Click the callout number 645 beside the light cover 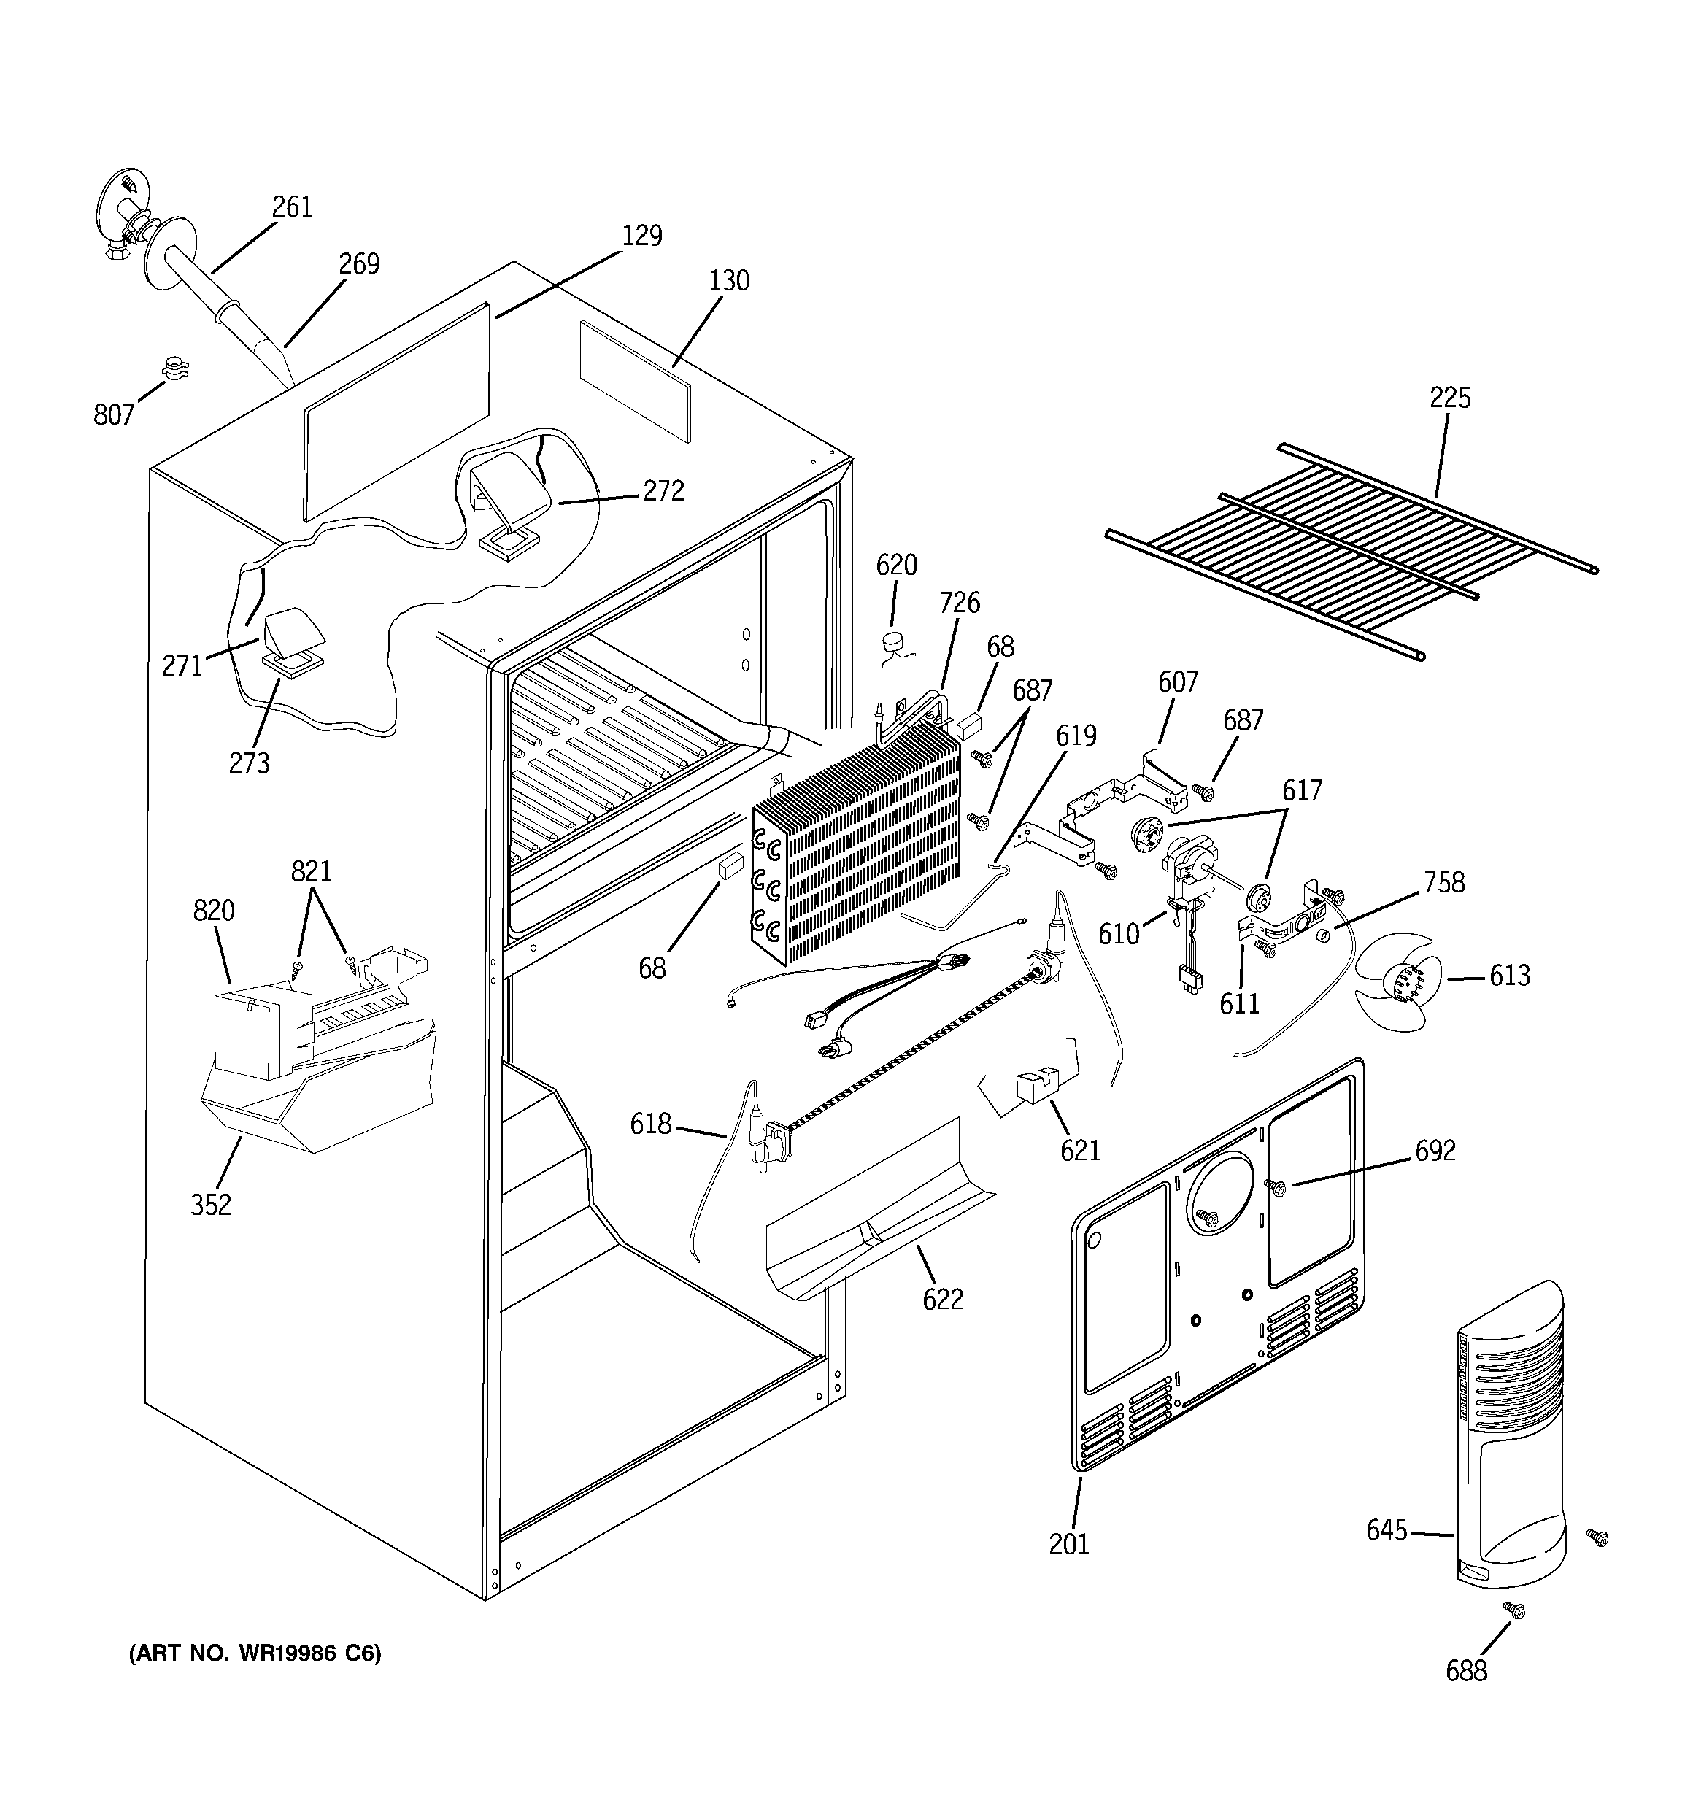pos(1387,1531)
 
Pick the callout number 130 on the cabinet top pos(729,281)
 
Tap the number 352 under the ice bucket pos(211,1205)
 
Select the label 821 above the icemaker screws pos(311,871)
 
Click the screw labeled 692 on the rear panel pos(1275,1186)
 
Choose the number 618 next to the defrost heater pos(651,1124)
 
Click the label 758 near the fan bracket pos(1445,882)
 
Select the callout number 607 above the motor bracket pos(1178,682)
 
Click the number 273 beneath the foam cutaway pos(249,763)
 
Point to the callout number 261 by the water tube pos(292,207)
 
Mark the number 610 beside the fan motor pos(1119,934)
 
